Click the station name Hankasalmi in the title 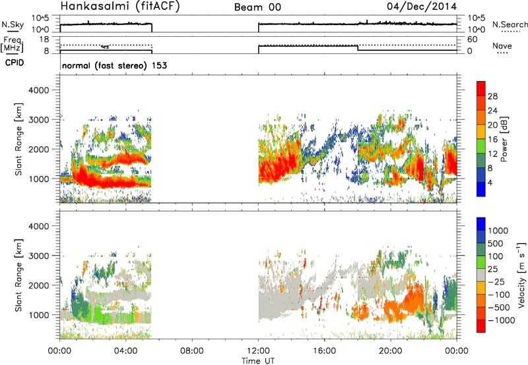click(92, 7)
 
